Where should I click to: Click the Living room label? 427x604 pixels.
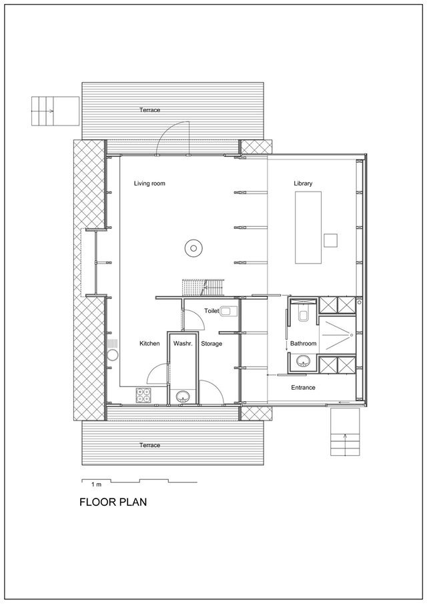pyautogui.click(x=149, y=184)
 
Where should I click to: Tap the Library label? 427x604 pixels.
pyautogui.click(x=303, y=184)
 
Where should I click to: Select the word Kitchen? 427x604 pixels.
pyautogui.click(x=149, y=343)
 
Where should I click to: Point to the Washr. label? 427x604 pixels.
pyautogui.click(x=183, y=343)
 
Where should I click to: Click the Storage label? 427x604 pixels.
pyautogui.click(x=211, y=344)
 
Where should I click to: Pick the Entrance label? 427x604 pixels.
pyautogui.click(x=303, y=388)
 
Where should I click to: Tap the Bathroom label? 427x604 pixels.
pyautogui.click(x=304, y=343)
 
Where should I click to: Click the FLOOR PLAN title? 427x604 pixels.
pyautogui.click(x=113, y=503)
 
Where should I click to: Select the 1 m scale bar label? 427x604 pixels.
pyautogui.click(x=96, y=485)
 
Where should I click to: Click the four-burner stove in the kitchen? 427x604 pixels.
pyautogui.click(x=143, y=395)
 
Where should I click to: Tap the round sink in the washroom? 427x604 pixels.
pyautogui.click(x=183, y=396)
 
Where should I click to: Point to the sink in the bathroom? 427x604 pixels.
pyautogui.click(x=304, y=362)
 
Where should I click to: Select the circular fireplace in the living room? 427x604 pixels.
pyautogui.click(x=193, y=248)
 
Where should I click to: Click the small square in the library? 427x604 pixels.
pyautogui.click(x=330, y=240)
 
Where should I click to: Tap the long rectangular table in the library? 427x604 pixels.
pyautogui.click(x=308, y=228)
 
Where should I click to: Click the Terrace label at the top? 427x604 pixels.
pyautogui.click(x=149, y=109)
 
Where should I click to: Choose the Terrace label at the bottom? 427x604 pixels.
pyautogui.click(x=149, y=445)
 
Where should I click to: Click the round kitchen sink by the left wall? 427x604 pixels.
pyautogui.click(x=112, y=355)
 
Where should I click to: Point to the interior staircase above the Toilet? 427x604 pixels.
pyautogui.click(x=203, y=288)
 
